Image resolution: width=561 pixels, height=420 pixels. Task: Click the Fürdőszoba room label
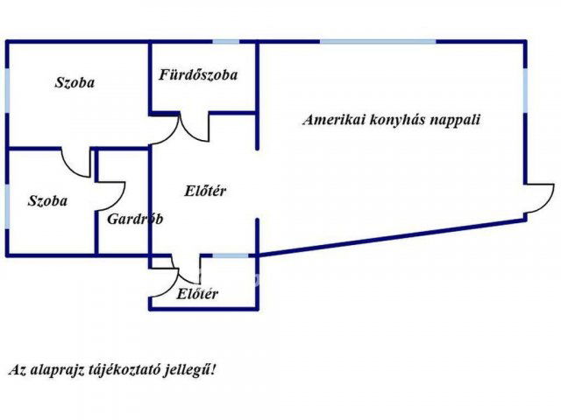[x=197, y=75]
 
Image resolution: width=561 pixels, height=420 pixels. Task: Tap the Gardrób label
[x=135, y=219]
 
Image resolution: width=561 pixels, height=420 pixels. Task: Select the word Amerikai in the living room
[x=331, y=120]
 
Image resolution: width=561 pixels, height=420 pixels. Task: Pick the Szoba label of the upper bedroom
[x=75, y=83]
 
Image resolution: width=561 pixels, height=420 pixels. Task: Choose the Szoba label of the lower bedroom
[x=47, y=200]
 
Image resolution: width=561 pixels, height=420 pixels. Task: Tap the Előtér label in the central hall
[x=206, y=191]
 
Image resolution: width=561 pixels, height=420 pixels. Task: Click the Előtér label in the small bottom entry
[x=197, y=294]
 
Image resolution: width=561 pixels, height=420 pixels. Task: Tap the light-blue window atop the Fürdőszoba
[x=225, y=41]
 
